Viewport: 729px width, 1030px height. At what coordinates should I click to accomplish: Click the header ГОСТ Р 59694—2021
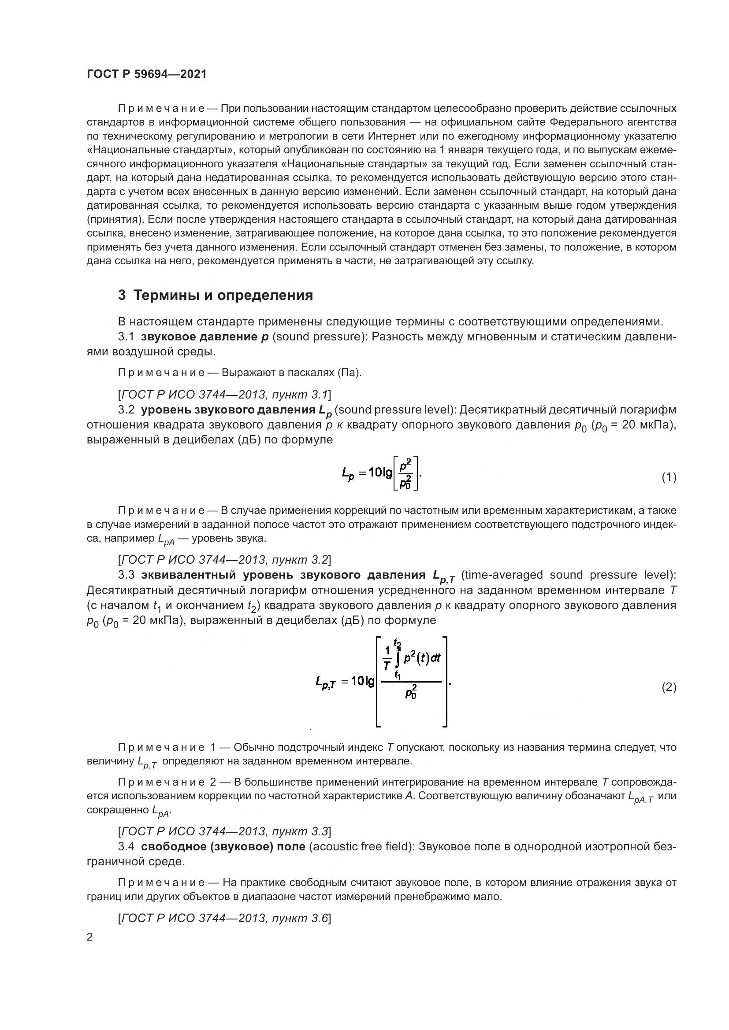[146, 74]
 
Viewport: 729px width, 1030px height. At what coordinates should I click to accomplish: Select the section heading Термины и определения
[216, 295]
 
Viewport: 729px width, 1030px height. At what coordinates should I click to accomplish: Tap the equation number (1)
[669, 477]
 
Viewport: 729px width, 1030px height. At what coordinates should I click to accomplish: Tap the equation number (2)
[669, 687]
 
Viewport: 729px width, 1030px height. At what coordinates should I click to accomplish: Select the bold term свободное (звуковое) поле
[223, 846]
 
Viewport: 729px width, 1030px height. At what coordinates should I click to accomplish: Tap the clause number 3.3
[126, 575]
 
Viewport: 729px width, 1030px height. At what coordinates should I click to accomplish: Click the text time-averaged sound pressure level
[568, 575]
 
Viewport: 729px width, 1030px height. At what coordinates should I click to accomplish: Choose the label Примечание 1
[167, 747]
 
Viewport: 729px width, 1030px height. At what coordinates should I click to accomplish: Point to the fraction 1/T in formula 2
[386, 658]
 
